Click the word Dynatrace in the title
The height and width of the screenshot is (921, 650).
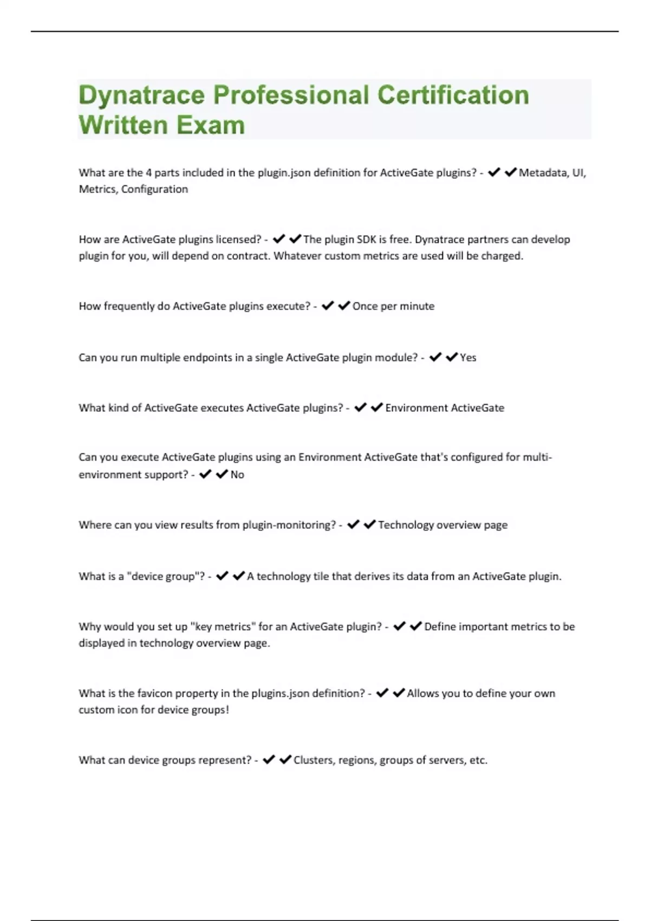(x=141, y=96)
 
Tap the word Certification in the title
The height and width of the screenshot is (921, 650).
(x=453, y=95)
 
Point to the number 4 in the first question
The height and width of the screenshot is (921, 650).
(x=148, y=173)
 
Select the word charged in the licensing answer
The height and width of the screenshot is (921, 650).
(x=504, y=256)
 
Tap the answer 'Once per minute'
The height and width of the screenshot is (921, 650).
(x=393, y=307)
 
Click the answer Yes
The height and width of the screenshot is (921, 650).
(x=468, y=358)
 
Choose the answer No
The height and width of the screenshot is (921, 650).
(x=237, y=475)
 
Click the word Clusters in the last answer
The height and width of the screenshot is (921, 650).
(x=314, y=760)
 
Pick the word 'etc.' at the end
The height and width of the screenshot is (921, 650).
(x=478, y=760)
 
